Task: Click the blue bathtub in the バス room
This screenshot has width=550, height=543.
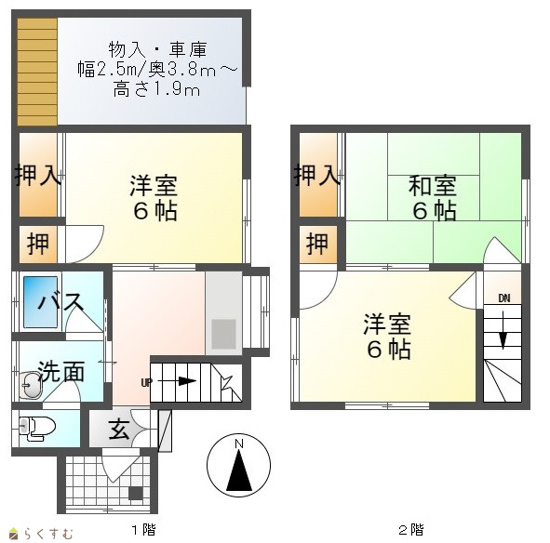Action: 40,302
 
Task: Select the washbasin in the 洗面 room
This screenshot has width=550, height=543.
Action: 30,385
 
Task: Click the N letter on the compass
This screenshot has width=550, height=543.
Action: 239,444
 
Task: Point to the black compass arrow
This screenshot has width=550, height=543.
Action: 239,470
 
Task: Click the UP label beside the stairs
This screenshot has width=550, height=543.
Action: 146,382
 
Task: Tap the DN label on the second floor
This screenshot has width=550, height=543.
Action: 504,298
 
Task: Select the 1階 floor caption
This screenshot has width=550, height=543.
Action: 144,529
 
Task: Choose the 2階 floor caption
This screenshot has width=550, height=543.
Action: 411,529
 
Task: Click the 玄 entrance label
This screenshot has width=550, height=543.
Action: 119,430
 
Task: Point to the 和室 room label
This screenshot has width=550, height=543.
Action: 433,186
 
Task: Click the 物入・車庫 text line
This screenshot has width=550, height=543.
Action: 157,49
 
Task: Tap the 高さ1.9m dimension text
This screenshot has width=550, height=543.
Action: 156,90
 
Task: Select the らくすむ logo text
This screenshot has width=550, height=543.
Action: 48,534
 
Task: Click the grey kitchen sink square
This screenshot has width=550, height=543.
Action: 223,334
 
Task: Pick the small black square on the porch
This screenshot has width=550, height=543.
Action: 136,493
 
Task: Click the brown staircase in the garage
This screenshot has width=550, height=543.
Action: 37,72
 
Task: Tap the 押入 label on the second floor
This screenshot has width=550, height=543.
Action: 316,175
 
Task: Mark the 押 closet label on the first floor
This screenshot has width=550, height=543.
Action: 38,244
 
